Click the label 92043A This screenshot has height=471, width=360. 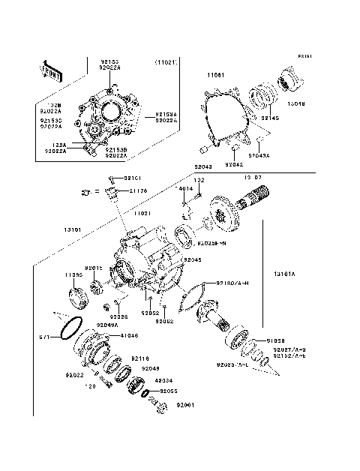[x=259, y=155]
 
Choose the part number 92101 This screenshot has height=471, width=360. [x=132, y=178]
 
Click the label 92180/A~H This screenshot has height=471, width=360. [x=232, y=283]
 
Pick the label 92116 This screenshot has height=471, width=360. [x=141, y=358]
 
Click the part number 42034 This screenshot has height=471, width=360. [x=165, y=380]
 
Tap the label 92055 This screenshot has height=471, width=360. [x=166, y=391]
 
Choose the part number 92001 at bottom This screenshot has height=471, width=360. [x=185, y=406]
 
